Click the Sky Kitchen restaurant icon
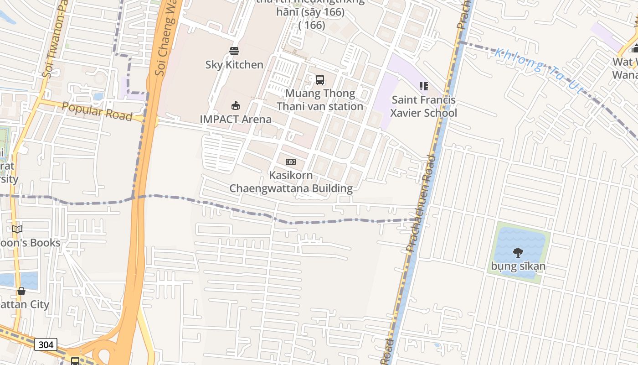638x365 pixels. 234,51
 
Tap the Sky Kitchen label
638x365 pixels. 234,65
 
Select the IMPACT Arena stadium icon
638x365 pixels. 236,106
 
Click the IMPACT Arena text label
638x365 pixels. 236,120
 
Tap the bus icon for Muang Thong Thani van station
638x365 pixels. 320,80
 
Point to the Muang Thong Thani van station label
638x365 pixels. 320,100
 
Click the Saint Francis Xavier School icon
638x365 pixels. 424,86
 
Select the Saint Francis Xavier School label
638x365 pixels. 424,106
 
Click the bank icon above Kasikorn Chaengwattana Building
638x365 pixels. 290,162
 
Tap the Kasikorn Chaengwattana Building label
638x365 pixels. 291,182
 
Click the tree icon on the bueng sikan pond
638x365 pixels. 518,252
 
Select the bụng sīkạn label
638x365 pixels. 518,266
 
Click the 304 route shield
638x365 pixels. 46,344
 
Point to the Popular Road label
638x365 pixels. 97,111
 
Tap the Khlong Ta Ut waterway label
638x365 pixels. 538,70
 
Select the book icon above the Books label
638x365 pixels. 17,229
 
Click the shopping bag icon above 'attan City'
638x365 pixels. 21,291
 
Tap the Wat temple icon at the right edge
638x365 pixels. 635,48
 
